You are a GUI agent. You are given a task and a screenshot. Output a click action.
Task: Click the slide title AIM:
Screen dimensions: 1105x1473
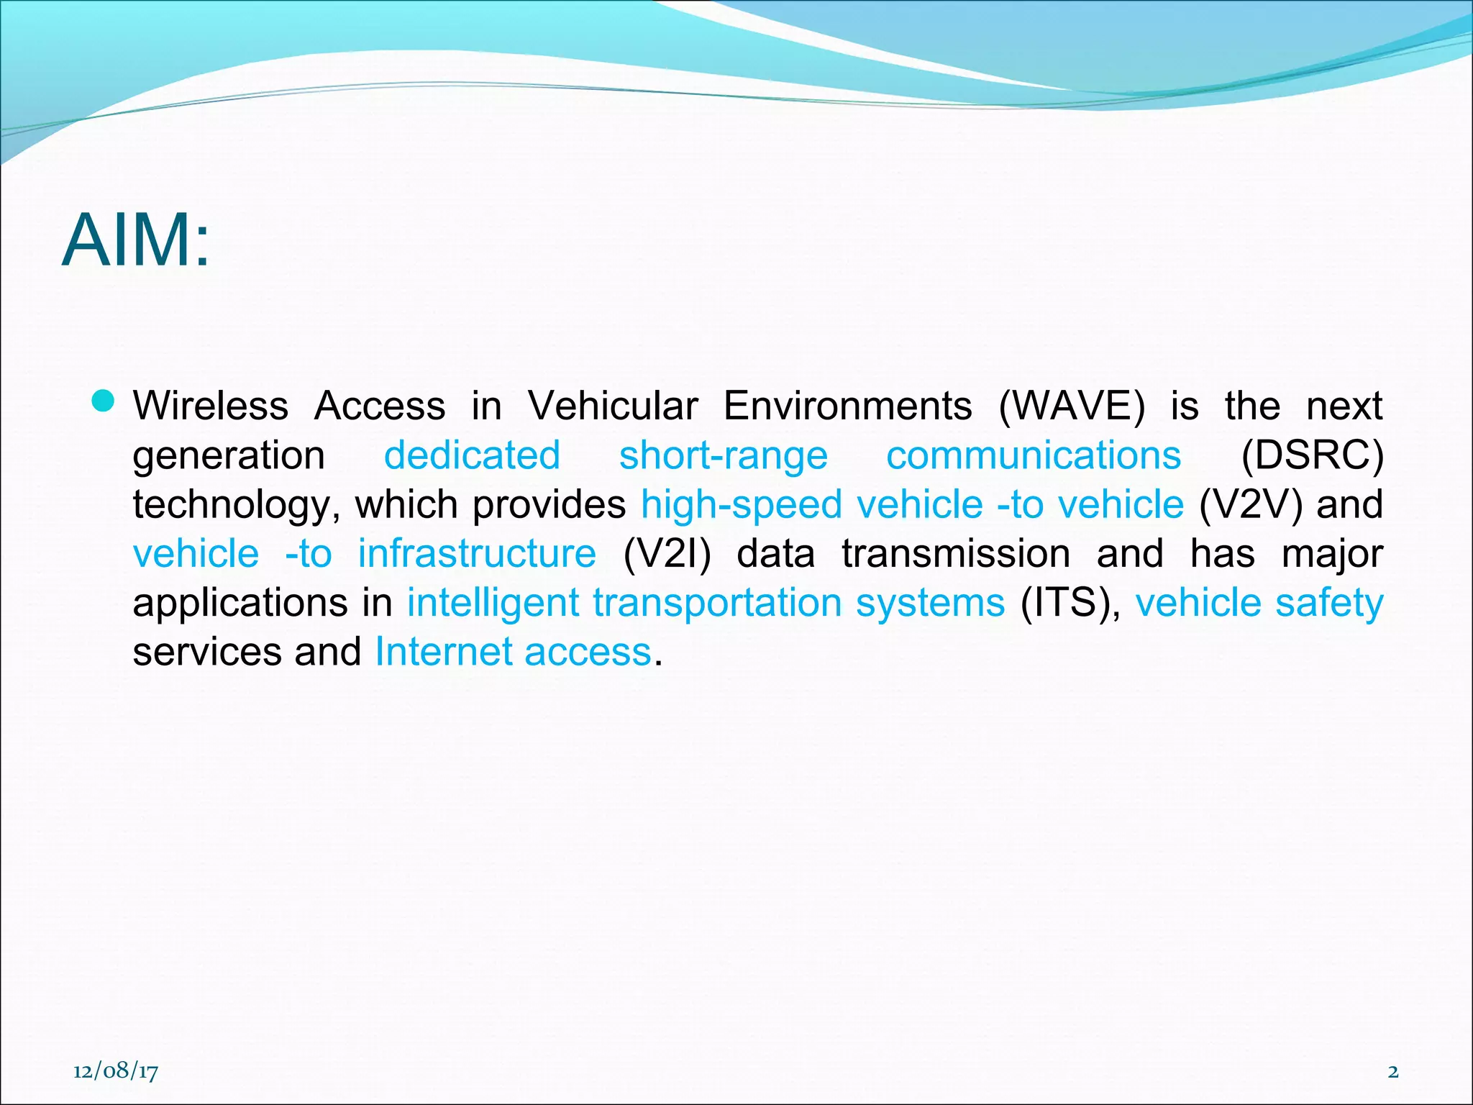click(x=136, y=240)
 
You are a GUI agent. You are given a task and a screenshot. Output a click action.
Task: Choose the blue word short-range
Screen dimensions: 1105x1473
click(x=724, y=456)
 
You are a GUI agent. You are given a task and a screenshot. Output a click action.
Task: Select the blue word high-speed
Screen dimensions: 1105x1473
click(x=742, y=504)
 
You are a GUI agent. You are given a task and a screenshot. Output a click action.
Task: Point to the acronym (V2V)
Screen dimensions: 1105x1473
click(x=1251, y=504)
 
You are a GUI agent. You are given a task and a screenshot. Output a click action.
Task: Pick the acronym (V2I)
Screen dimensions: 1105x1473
click(x=667, y=553)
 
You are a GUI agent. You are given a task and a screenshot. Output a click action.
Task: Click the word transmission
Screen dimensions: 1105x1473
click(x=956, y=553)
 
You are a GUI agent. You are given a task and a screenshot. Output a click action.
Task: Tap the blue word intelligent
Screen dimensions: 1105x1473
click(x=493, y=602)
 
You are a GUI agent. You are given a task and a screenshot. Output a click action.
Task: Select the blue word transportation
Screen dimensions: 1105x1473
click(x=717, y=602)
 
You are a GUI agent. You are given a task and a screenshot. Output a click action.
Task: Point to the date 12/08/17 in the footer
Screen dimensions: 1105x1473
click(x=116, y=1071)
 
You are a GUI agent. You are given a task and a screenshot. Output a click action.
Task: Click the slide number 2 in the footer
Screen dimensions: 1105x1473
click(x=1393, y=1071)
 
